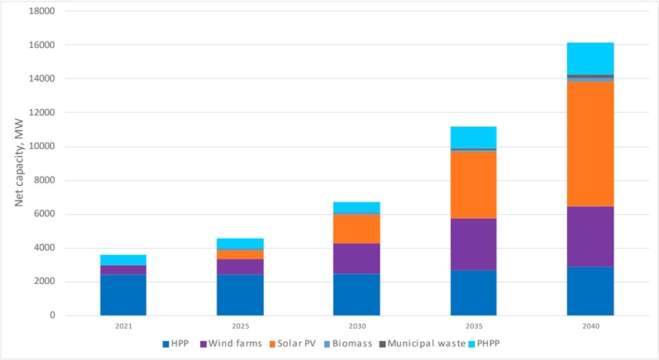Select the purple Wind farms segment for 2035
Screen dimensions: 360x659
pos(473,244)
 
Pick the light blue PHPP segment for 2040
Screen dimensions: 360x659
pos(590,59)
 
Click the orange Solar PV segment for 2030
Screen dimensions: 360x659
pos(356,228)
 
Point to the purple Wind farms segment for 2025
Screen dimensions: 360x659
pos(240,267)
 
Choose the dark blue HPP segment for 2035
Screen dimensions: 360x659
pos(473,293)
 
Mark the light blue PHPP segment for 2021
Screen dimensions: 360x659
pos(123,260)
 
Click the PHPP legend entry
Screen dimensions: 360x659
pos(491,344)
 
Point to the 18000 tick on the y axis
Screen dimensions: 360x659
pos(44,12)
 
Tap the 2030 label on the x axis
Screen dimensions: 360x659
pos(356,325)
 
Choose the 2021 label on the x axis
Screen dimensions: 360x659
pos(123,325)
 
